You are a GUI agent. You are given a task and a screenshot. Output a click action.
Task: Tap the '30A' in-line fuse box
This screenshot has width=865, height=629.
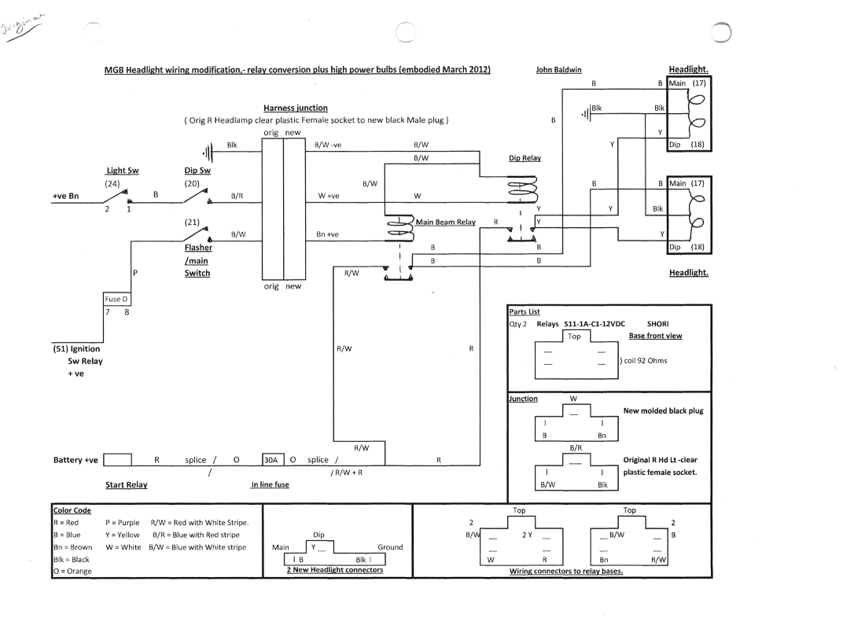pos(271,460)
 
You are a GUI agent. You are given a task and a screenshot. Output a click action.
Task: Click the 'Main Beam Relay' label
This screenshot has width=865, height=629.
pos(445,223)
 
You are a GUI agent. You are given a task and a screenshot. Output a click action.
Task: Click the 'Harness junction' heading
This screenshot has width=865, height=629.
pos(296,108)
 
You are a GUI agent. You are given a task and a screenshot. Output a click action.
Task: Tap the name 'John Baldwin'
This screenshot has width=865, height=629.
pos(559,69)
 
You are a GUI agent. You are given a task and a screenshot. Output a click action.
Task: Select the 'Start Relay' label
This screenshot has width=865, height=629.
pos(127,485)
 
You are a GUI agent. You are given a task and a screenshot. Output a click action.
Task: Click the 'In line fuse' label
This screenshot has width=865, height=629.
pos(270,485)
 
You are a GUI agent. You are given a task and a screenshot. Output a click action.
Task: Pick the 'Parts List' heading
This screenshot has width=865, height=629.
pos(525,311)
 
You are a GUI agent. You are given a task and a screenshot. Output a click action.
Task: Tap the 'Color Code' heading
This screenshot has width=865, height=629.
pos(72,510)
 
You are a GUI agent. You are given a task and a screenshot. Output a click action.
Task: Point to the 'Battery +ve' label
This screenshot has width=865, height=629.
pos(75,460)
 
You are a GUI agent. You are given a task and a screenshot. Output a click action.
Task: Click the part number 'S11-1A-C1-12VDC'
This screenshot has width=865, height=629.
pos(598,323)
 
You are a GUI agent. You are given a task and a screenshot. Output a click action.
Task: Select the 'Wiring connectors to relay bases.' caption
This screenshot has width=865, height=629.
pos(566,572)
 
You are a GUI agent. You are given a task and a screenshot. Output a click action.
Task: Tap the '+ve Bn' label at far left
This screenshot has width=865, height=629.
pos(66,197)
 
